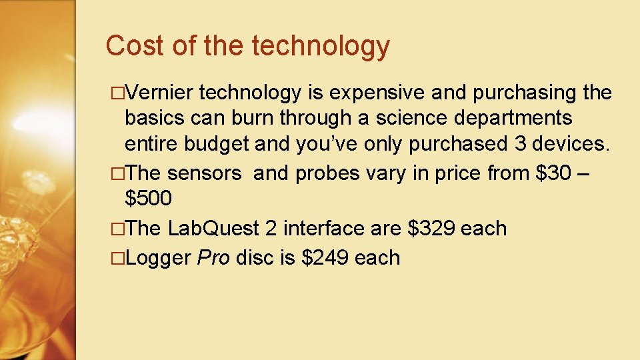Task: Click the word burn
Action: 253,119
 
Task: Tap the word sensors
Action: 204,173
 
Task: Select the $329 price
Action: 431,228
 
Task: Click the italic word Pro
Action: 214,257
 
